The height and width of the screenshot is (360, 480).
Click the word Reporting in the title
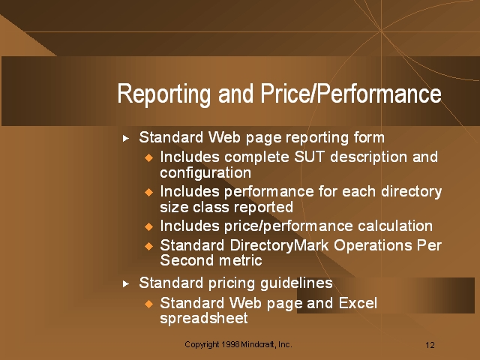pyautogui.click(x=163, y=94)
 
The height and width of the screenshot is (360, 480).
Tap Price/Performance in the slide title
pyautogui.click(x=351, y=93)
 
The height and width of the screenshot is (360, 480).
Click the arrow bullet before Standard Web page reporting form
pyautogui.click(x=125, y=139)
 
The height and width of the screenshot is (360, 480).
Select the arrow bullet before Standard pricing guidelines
pyautogui.click(x=125, y=283)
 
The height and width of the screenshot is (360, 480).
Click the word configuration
pyautogui.click(x=205, y=173)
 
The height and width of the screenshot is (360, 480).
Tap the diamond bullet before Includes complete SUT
pyautogui.click(x=148, y=158)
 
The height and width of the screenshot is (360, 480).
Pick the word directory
pyautogui.click(x=411, y=193)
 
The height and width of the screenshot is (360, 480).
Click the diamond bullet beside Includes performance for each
pyautogui.click(x=148, y=192)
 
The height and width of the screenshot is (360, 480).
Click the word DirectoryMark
pyautogui.click(x=279, y=246)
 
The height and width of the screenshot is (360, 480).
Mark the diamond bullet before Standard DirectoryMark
pyautogui.click(x=148, y=246)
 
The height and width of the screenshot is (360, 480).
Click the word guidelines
pyautogui.click(x=296, y=283)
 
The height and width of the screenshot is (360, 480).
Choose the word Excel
pyautogui.click(x=358, y=303)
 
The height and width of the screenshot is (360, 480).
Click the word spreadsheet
pyautogui.click(x=204, y=319)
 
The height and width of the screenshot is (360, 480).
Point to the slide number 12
pyautogui.click(x=430, y=345)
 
